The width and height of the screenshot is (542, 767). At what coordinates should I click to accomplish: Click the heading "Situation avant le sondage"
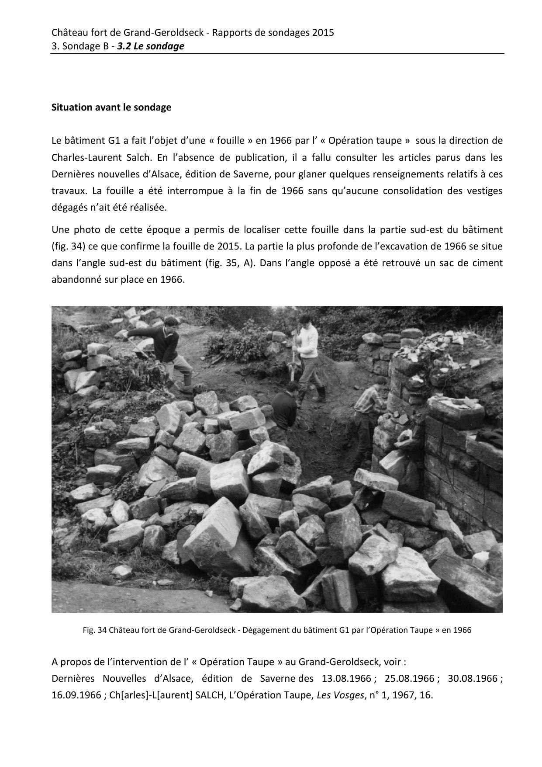tap(111, 108)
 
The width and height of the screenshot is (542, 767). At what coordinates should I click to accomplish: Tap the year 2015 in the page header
tap(323, 32)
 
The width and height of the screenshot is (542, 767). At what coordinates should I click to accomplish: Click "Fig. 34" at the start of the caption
tap(95, 630)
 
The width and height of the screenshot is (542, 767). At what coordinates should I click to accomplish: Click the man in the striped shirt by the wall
tap(368, 406)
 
